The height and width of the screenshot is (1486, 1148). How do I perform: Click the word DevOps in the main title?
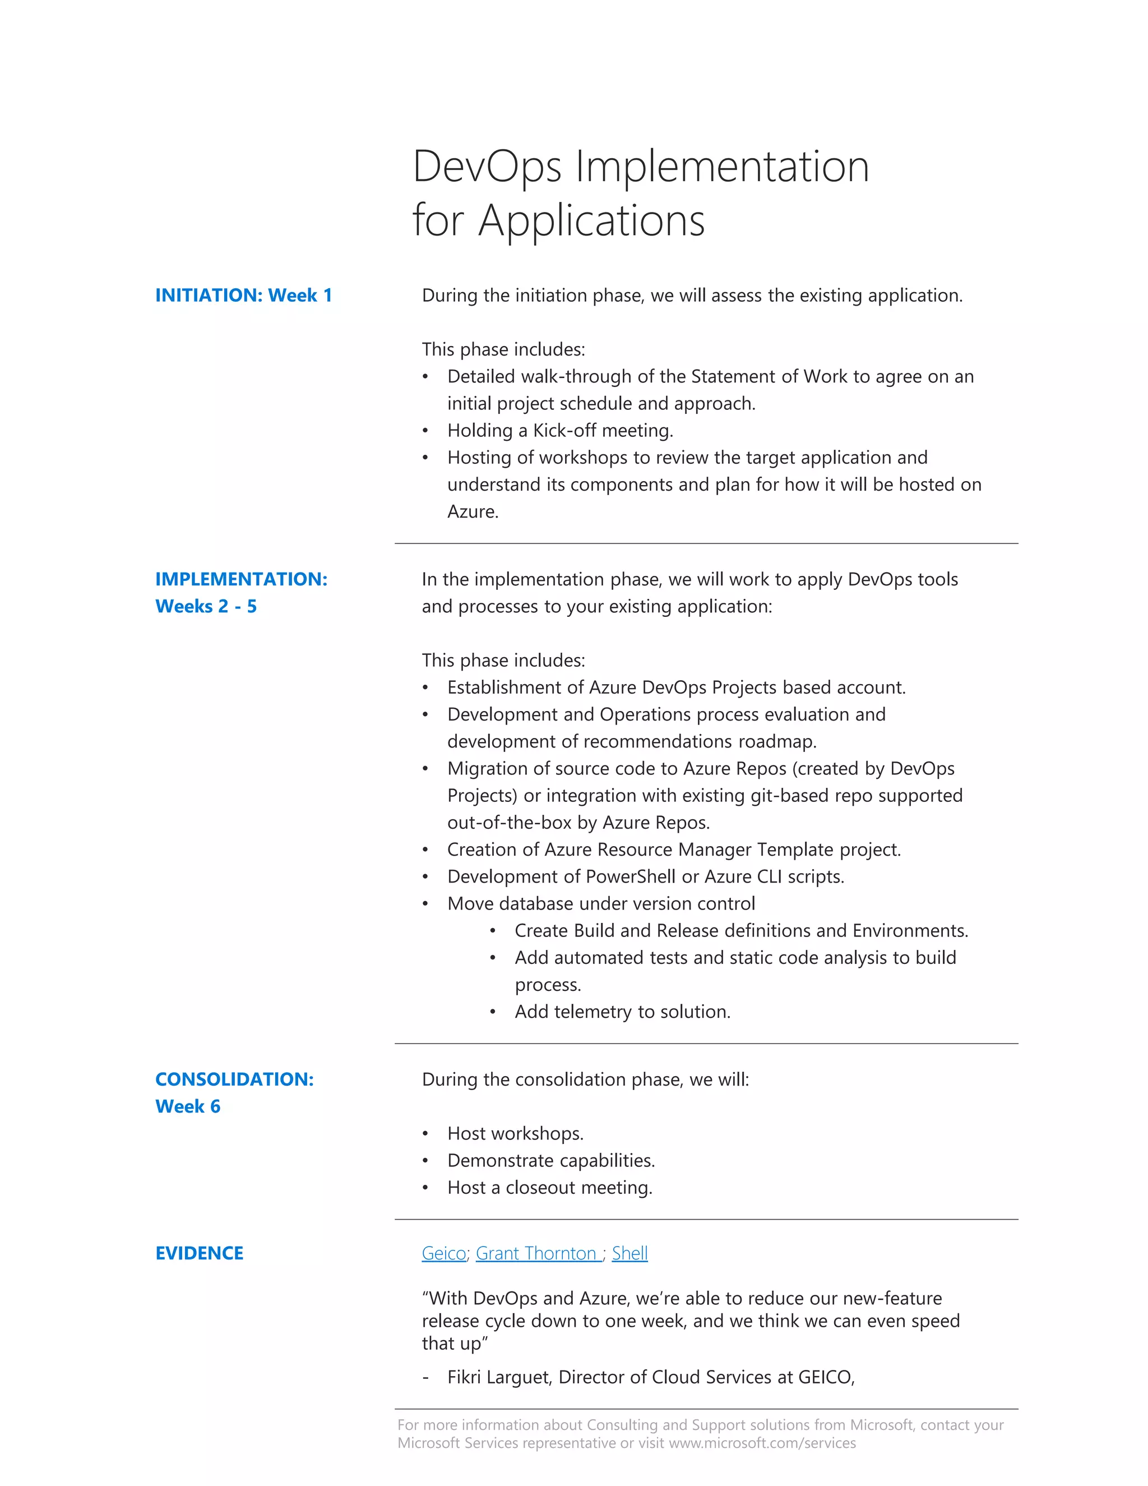tap(487, 167)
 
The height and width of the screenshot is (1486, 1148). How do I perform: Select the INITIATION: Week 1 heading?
tap(243, 296)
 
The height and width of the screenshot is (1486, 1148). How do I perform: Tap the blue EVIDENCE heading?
tap(199, 1253)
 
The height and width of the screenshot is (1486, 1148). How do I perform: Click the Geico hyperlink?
tap(443, 1253)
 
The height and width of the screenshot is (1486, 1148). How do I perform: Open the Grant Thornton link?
tap(536, 1253)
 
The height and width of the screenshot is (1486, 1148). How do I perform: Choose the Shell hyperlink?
tap(629, 1253)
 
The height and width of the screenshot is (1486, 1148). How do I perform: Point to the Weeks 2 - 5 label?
tap(206, 606)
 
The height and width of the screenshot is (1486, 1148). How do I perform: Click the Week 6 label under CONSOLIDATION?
tap(188, 1106)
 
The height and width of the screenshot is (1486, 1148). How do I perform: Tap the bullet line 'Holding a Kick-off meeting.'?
tap(560, 431)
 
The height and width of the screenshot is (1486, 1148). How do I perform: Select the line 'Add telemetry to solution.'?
tap(622, 1012)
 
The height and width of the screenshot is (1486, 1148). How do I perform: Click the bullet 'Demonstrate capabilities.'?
tap(551, 1160)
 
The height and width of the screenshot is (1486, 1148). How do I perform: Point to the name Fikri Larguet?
tap(500, 1377)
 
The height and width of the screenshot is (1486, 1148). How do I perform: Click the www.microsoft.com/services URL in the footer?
tap(762, 1443)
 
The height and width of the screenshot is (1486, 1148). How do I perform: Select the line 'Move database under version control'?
tap(600, 903)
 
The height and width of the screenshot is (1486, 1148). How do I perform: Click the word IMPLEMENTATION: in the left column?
tap(240, 579)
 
